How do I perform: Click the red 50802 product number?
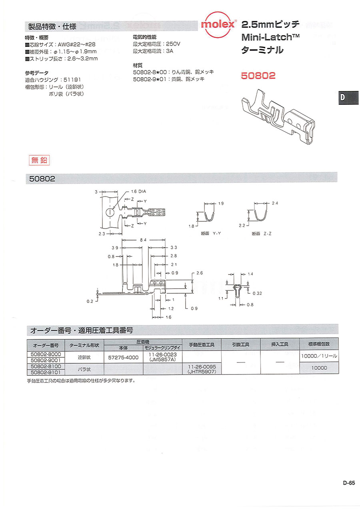tap(258, 76)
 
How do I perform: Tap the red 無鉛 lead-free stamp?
tap(39, 160)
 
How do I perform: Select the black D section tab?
tap(348, 98)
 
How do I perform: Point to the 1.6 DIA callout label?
tap(138, 191)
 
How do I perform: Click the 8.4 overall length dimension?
tap(143, 240)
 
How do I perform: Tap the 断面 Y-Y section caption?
tap(211, 233)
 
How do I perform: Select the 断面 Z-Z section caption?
tap(262, 234)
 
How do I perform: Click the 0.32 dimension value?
tap(257, 293)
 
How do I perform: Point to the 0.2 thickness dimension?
tap(90, 301)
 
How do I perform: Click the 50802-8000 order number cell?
tap(46, 354)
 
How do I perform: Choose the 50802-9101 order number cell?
tap(46, 372)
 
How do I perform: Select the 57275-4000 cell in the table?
tap(123, 357)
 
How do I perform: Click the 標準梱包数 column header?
tap(319, 344)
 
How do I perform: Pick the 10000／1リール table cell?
tap(319, 356)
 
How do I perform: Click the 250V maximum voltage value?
tap(173, 44)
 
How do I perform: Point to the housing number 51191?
tap(72, 80)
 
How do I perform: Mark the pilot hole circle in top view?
tap(110, 212)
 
